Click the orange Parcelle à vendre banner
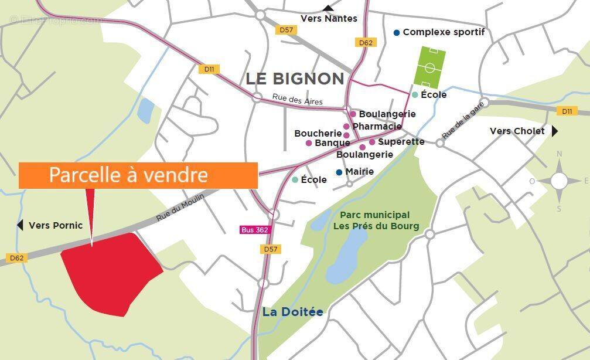pos(138,175)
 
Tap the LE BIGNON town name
pos(295,79)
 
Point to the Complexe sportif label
pos(444,32)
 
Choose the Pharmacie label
pos(377,127)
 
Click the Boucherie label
pos(318,134)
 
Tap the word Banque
pos(332,143)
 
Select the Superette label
pos(401,142)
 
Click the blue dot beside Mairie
pos(339,172)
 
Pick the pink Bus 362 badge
pos(255,230)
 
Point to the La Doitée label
pos(292,312)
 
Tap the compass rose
pos(559,181)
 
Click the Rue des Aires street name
pos(297,99)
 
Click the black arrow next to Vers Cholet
pos(555,131)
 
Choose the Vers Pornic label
pos(56,225)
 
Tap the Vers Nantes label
pos(329,19)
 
